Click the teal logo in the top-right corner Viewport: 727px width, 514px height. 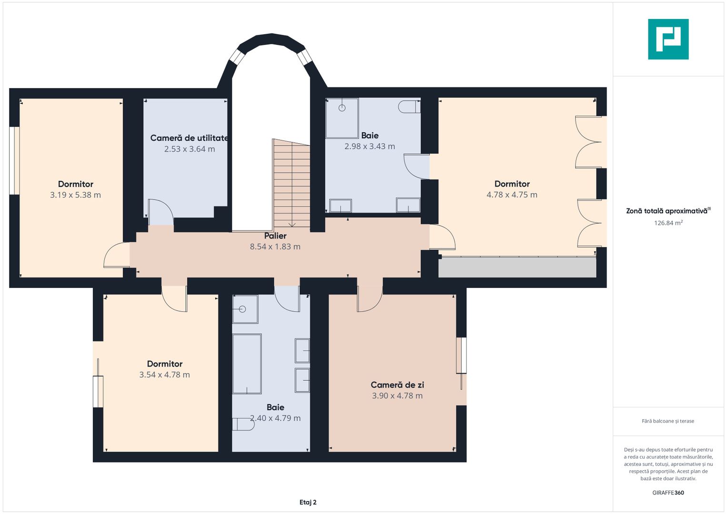click(668, 39)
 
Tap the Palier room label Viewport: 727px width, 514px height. click(275, 236)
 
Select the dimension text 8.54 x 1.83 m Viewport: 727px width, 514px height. click(275, 247)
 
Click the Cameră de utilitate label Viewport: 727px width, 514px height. click(189, 138)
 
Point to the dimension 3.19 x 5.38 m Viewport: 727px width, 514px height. click(75, 195)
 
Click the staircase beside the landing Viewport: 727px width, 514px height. click(291, 184)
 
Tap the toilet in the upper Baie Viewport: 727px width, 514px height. click(409, 107)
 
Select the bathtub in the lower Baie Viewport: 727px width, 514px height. click(247, 364)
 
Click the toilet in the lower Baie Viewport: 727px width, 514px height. click(243, 424)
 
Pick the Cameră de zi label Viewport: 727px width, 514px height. click(397, 385)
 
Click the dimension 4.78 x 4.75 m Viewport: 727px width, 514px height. click(512, 195)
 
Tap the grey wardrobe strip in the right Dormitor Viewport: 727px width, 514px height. click(518, 267)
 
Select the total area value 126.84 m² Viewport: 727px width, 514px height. click(668, 223)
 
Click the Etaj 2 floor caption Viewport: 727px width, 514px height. click(308, 502)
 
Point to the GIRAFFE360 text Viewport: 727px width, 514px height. click(668, 493)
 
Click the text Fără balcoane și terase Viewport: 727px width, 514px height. click(668, 421)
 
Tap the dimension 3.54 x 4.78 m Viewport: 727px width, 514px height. click(165, 375)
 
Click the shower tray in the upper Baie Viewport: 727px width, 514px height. click(342, 119)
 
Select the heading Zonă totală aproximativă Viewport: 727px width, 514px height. click(667, 211)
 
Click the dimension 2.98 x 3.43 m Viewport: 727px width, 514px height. click(369, 147)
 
